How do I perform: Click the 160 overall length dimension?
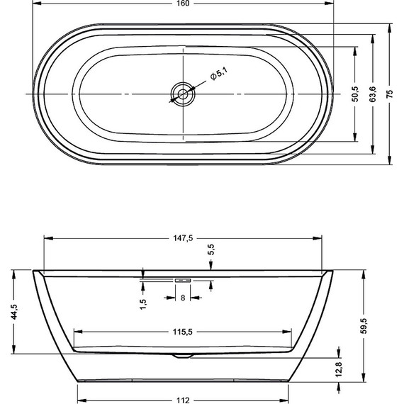coord(183,4)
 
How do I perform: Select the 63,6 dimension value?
coord(373,94)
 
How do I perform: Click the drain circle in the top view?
coord(183,94)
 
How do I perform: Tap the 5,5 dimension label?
coord(211,250)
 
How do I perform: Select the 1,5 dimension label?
coord(143,303)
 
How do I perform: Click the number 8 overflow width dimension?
coord(183,298)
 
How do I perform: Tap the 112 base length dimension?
coord(183,400)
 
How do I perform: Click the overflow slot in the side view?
coord(183,279)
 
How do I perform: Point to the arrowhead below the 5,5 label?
coord(211,266)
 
